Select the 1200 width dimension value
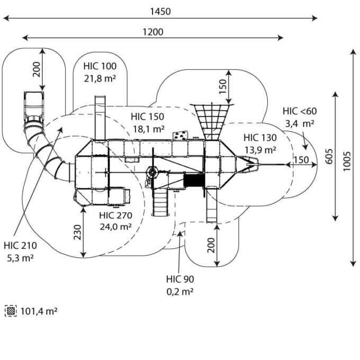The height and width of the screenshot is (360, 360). (x=152, y=31)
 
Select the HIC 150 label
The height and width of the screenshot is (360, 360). (x=148, y=116)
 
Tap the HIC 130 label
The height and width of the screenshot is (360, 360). (x=260, y=138)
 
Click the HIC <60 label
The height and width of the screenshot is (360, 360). (x=299, y=111)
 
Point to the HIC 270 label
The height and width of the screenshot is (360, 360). (x=115, y=215)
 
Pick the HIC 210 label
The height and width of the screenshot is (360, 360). (x=19, y=246)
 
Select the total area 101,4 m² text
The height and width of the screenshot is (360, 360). (x=39, y=311)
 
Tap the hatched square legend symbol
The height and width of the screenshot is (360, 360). (x=11, y=311)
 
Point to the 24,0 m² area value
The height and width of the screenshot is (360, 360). (x=115, y=227)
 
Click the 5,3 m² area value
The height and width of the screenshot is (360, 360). (x=19, y=258)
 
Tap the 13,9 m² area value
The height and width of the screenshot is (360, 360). (x=260, y=150)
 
